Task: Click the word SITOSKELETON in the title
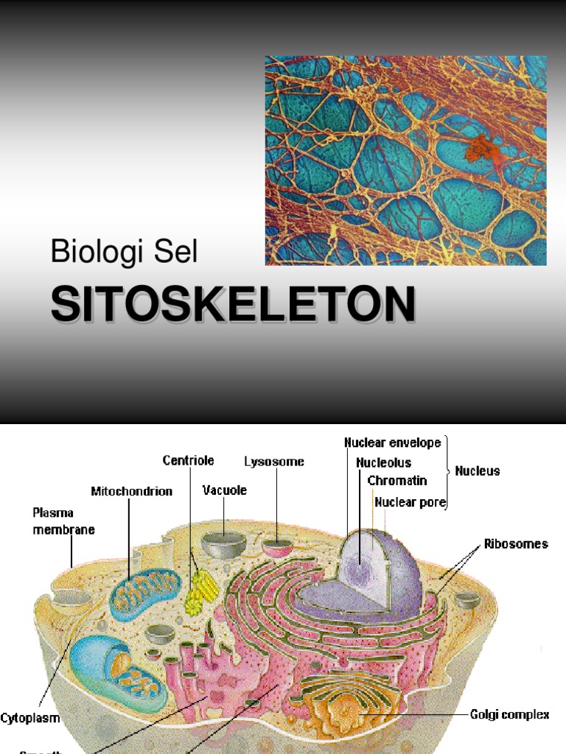tap(233, 305)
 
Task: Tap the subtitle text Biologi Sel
tap(124, 252)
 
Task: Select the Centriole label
tap(189, 461)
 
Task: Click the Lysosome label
tap(274, 462)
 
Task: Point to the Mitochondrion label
tap(132, 491)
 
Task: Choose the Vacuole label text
tap(225, 490)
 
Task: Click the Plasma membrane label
tap(63, 520)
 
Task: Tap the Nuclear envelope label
tap(393, 443)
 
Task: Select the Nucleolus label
tap(384, 463)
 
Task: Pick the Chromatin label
tap(397, 481)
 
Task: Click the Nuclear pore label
tap(410, 502)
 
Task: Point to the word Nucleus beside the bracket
tap(478, 471)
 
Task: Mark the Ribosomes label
tap(516, 544)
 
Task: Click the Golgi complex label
tap(510, 714)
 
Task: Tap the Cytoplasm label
tap(30, 717)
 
